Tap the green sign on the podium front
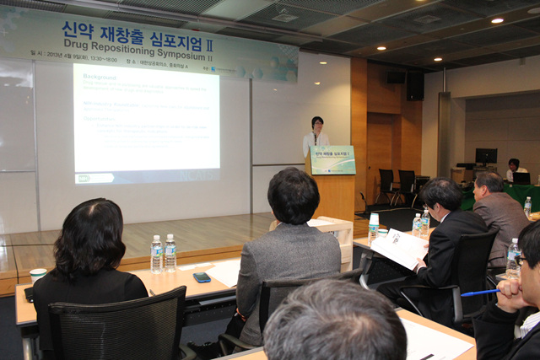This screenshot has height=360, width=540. click(332, 160)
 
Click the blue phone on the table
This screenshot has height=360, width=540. click(202, 277)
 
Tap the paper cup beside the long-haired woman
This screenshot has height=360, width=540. click(38, 275)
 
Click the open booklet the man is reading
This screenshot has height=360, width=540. click(400, 248)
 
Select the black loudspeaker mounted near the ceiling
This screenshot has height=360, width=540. click(415, 84)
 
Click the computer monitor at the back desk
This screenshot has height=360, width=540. click(485, 157)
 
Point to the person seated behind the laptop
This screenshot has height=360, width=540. click(513, 166)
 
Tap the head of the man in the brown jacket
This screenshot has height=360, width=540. click(488, 183)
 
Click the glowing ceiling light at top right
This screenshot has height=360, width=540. click(497, 19)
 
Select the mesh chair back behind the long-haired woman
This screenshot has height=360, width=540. click(118, 325)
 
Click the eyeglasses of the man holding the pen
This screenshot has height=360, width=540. click(522, 261)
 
